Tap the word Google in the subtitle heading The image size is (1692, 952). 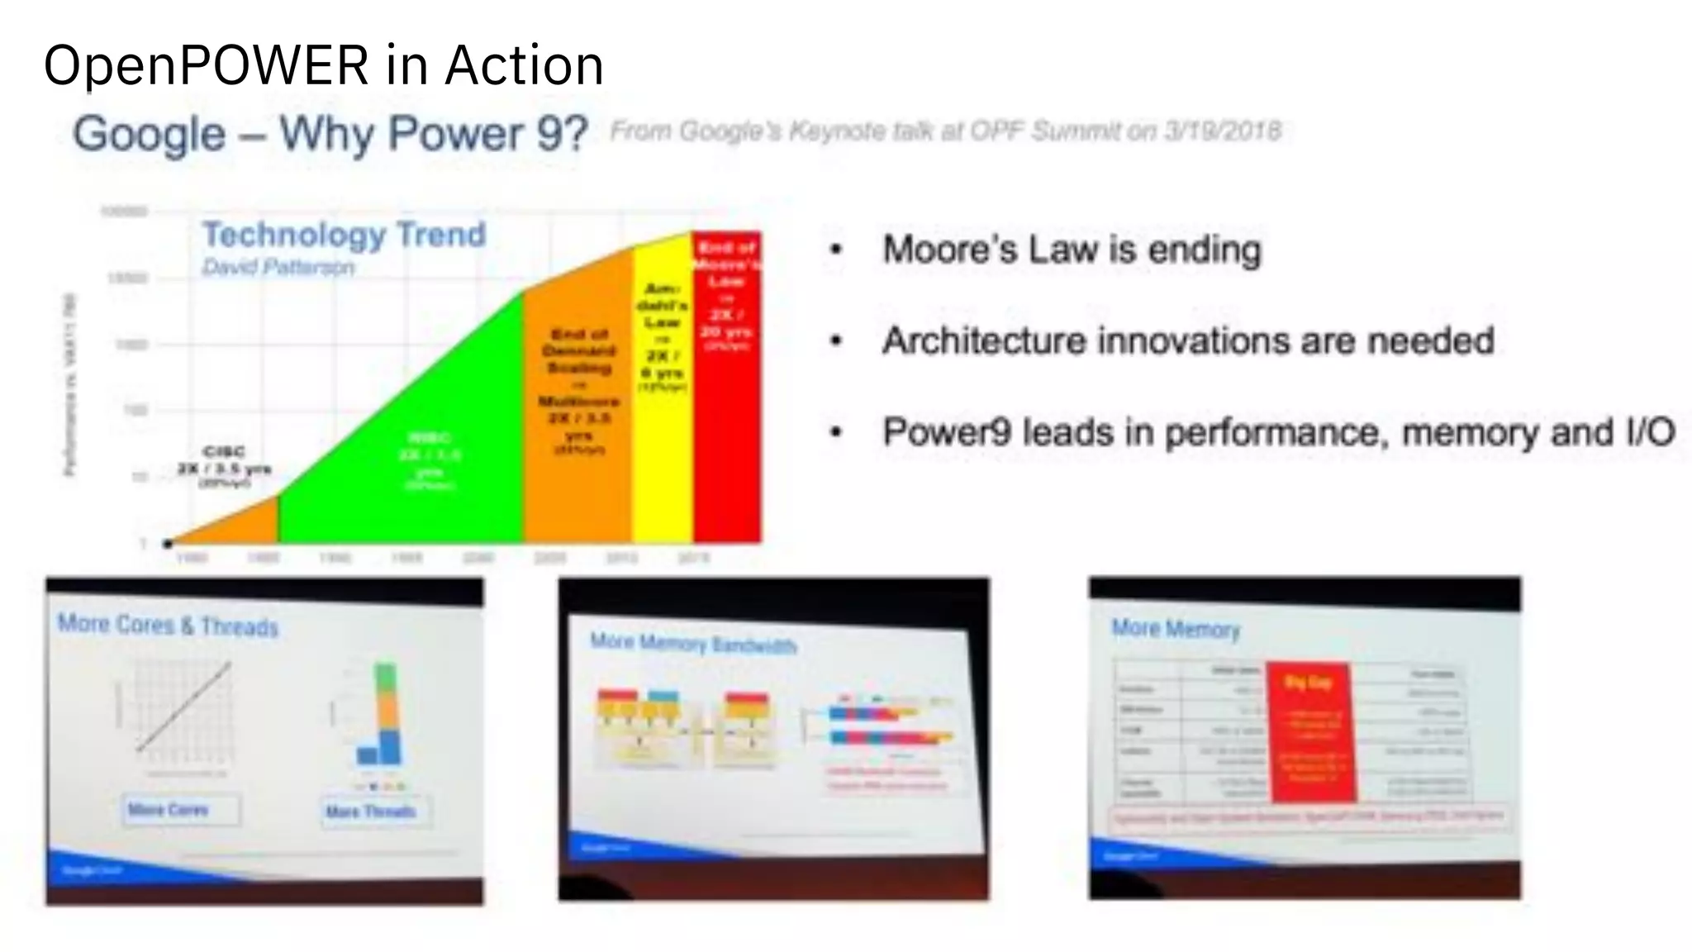(149, 134)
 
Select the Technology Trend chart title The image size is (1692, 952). (344, 235)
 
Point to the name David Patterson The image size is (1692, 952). (278, 267)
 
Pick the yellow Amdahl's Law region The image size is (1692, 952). (662, 413)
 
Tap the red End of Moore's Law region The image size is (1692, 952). (727, 413)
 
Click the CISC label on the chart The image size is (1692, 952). (224, 452)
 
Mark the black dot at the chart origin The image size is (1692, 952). (168, 543)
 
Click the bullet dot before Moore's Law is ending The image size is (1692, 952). (837, 250)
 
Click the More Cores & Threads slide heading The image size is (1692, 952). (168, 626)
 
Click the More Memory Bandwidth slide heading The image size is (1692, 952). (692, 643)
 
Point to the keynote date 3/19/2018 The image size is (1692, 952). (1223, 131)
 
